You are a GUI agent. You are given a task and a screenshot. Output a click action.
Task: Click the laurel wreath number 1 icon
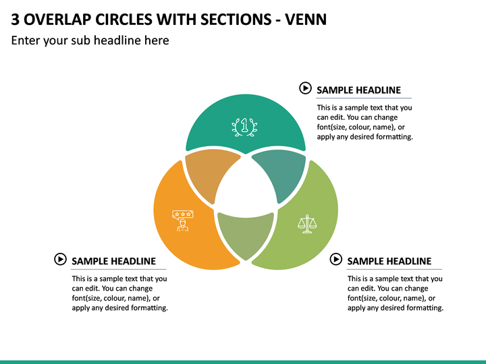coord(244,127)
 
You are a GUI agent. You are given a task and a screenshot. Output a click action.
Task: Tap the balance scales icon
coord(307,224)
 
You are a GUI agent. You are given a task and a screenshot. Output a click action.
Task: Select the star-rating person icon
coord(183,220)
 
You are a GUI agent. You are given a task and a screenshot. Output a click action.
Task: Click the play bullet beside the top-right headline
coord(305,88)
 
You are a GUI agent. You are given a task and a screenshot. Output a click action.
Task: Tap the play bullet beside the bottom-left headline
coord(60,259)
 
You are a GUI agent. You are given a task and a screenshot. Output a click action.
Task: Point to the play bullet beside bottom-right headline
coord(335,259)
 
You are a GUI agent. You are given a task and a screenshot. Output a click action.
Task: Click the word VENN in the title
coord(306,20)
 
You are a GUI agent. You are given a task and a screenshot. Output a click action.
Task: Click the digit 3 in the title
coord(15,20)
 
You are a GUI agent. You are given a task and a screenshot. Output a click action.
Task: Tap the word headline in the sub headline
coord(117,40)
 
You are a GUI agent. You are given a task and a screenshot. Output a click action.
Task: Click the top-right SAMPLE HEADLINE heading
coord(358,90)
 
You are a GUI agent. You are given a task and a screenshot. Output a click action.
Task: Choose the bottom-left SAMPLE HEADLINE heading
coord(114,262)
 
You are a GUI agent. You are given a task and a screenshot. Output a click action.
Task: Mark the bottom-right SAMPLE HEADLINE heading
coord(389,262)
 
